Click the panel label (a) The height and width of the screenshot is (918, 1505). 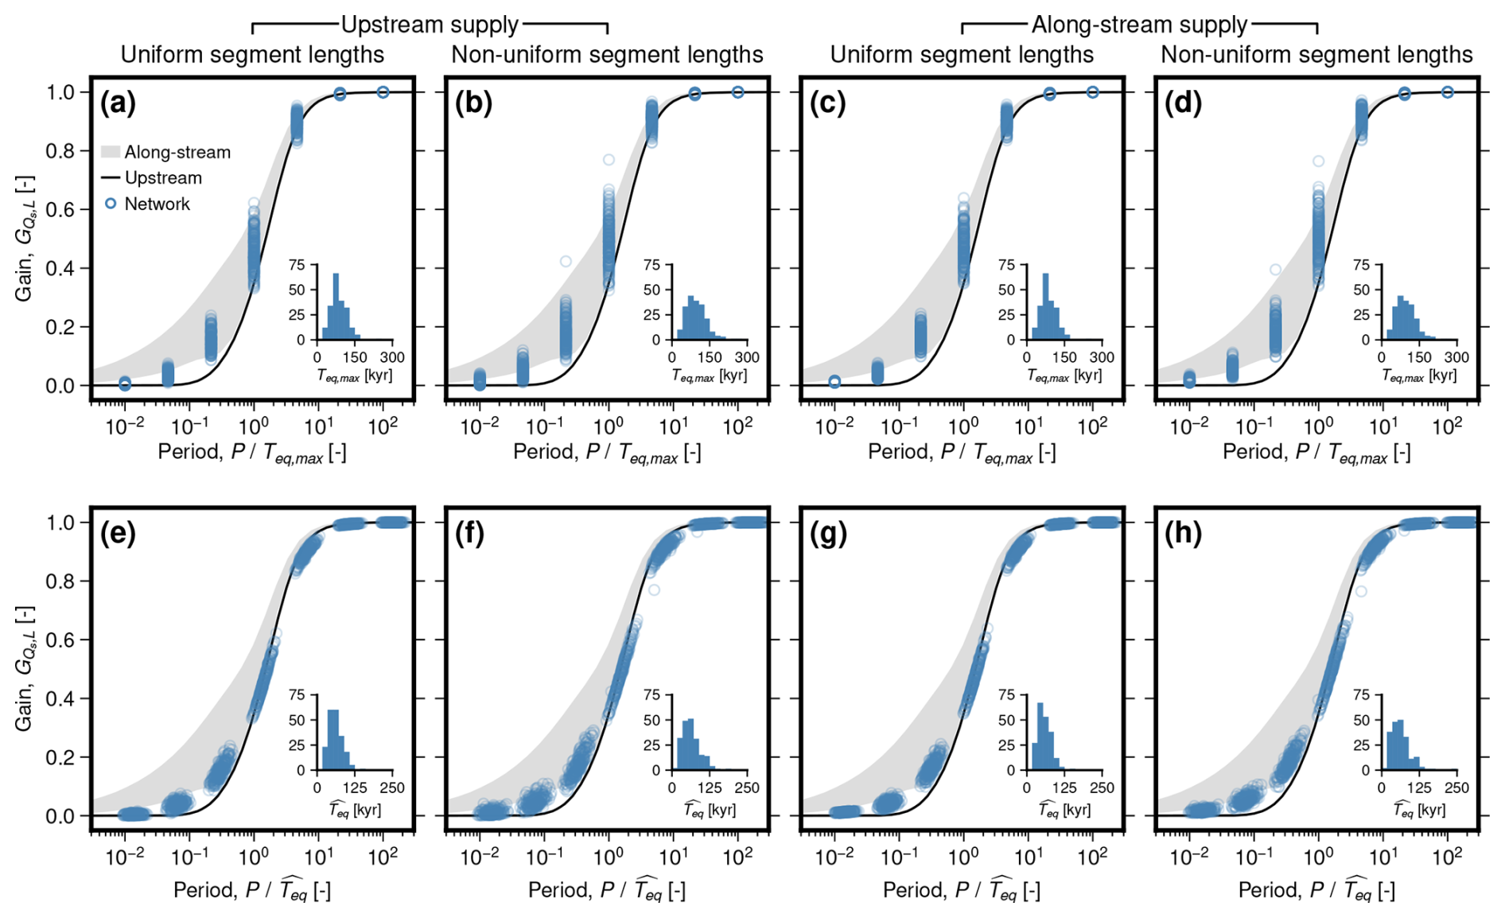pyautogui.click(x=118, y=103)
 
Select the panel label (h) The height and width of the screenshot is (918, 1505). pyautogui.click(x=1182, y=534)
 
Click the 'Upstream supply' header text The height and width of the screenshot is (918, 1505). pyautogui.click(x=430, y=25)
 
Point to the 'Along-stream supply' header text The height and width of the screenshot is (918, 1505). pyautogui.click(x=1139, y=25)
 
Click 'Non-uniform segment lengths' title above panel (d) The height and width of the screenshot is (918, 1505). pyautogui.click(x=1316, y=54)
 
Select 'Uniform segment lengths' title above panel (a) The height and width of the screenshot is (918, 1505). pyautogui.click(x=252, y=54)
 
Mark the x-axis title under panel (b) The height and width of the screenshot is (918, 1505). pyautogui.click(x=607, y=453)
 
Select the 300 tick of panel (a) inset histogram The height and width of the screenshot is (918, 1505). pyautogui.click(x=392, y=357)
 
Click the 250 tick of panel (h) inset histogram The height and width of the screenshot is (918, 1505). pyautogui.click(x=1456, y=788)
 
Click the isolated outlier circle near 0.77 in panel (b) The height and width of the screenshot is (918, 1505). pyautogui.click(x=609, y=160)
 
